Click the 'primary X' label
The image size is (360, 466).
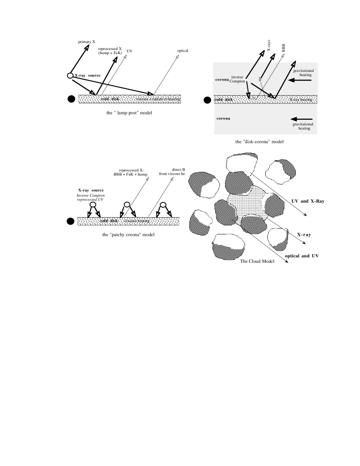point(87,42)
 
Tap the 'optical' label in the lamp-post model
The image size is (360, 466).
point(182,51)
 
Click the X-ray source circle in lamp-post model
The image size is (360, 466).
point(70,76)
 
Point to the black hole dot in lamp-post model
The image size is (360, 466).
point(71,99)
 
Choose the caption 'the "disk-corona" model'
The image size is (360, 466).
point(259,141)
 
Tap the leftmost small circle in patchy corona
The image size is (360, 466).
point(93,204)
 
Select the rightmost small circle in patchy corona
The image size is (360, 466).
point(163,204)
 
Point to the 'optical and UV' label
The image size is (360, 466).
point(302,256)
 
